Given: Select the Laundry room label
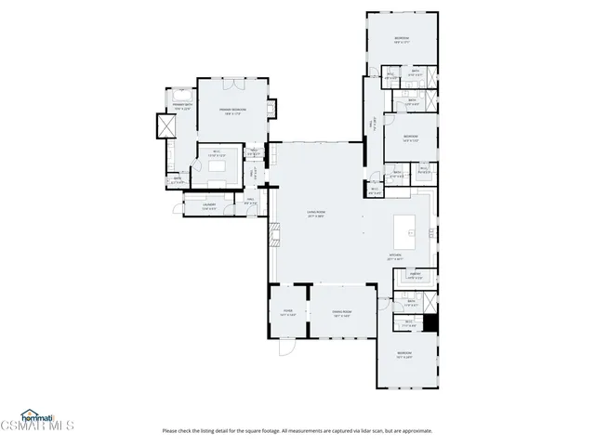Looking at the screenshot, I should [x=209, y=207].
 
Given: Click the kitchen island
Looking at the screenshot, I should [x=405, y=227].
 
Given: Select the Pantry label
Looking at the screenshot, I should [x=416, y=276].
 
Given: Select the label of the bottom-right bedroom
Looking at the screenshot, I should [x=404, y=355].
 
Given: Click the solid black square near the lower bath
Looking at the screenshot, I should [x=430, y=322].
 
